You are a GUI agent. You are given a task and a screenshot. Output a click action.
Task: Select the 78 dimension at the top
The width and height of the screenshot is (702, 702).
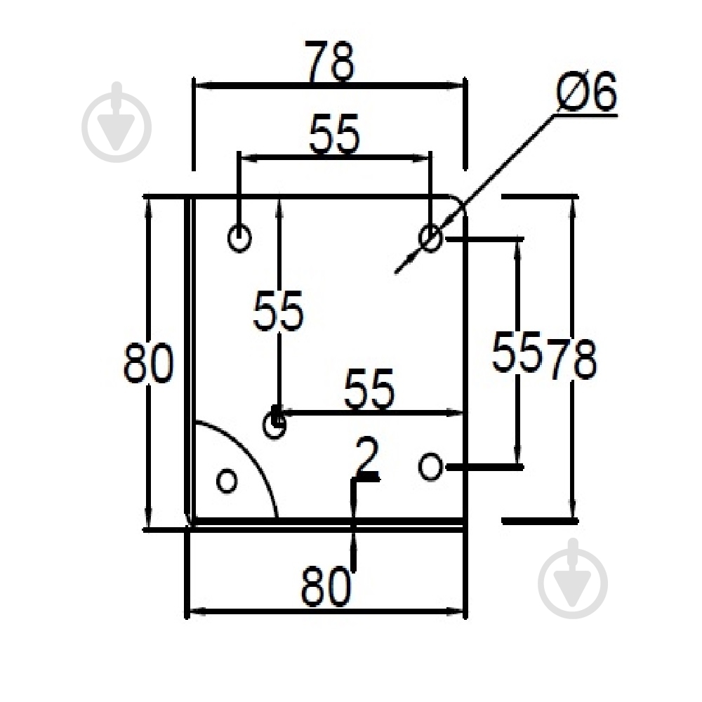click(x=329, y=61)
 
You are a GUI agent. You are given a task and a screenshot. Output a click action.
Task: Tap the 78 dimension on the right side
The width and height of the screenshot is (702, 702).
click(x=571, y=359)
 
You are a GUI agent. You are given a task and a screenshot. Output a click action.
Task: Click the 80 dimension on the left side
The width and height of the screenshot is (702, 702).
click(x=148, y=363)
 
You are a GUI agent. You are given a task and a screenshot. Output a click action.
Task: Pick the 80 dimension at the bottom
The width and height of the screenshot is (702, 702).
click(x=326, y=586)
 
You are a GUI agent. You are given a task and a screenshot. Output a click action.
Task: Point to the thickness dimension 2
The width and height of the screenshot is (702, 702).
click(x=366, y=456)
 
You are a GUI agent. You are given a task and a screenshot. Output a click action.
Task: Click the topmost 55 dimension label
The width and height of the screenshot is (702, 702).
click(x=334, y=134)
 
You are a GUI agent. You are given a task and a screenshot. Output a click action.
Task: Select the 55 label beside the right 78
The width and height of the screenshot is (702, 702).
click(x=517, y=352)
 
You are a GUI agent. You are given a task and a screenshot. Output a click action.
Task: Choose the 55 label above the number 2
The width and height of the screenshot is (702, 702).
click(x=369, y=389)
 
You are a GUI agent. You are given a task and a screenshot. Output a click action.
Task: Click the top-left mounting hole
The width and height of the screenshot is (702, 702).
click(x=239, y=238)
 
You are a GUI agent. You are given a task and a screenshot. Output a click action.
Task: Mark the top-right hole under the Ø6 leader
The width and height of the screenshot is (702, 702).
click(x=430, y=238)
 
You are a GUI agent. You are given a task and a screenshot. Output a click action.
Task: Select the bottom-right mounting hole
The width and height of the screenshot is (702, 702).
click(x=431, y=467)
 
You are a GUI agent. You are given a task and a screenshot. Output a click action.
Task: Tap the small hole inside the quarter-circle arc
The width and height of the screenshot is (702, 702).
click(x=227, y=481)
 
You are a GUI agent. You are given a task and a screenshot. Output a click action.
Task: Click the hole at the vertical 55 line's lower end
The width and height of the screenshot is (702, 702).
click(x=274, y=425)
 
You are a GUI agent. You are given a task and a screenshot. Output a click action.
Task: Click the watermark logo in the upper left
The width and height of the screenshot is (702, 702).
click(x=117, y=121)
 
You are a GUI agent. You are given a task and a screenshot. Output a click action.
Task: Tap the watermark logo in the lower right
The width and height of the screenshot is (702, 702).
click(x=573, y=578)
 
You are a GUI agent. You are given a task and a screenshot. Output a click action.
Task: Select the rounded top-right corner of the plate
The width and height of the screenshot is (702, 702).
click(x=461, y=202)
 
